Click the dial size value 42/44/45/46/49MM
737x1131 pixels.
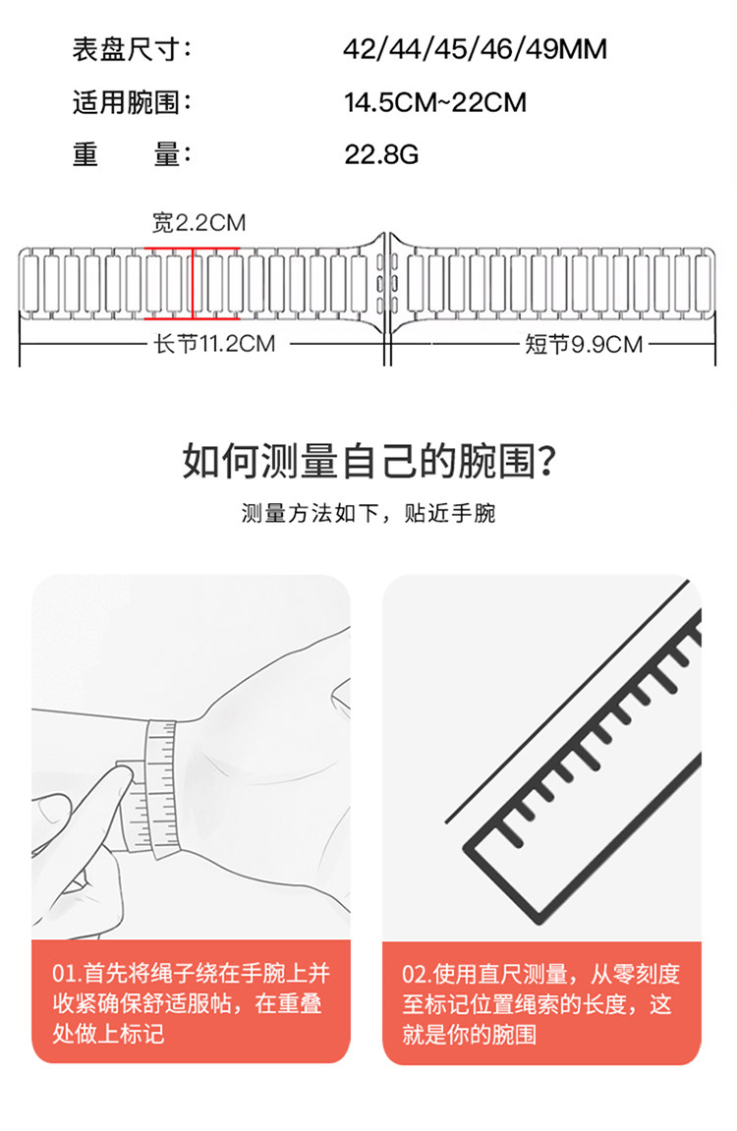coord(475,50)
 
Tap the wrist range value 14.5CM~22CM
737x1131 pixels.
coord(435,102)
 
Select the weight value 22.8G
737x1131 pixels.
coord(381,154)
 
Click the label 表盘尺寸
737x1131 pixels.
coord(131,50)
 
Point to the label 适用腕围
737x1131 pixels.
coord(131,102)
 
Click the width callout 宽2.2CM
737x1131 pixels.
coord(198,223)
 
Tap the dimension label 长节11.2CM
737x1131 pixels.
coord(209,344)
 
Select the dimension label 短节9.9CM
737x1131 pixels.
coord(583,344)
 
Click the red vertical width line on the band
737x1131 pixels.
coord(193,283)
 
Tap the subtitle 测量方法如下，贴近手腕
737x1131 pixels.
coord(368,514)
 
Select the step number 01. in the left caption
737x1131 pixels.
coord(66,974)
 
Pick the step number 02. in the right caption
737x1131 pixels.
coord(417,974)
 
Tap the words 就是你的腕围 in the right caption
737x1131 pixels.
coord(470,1034)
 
